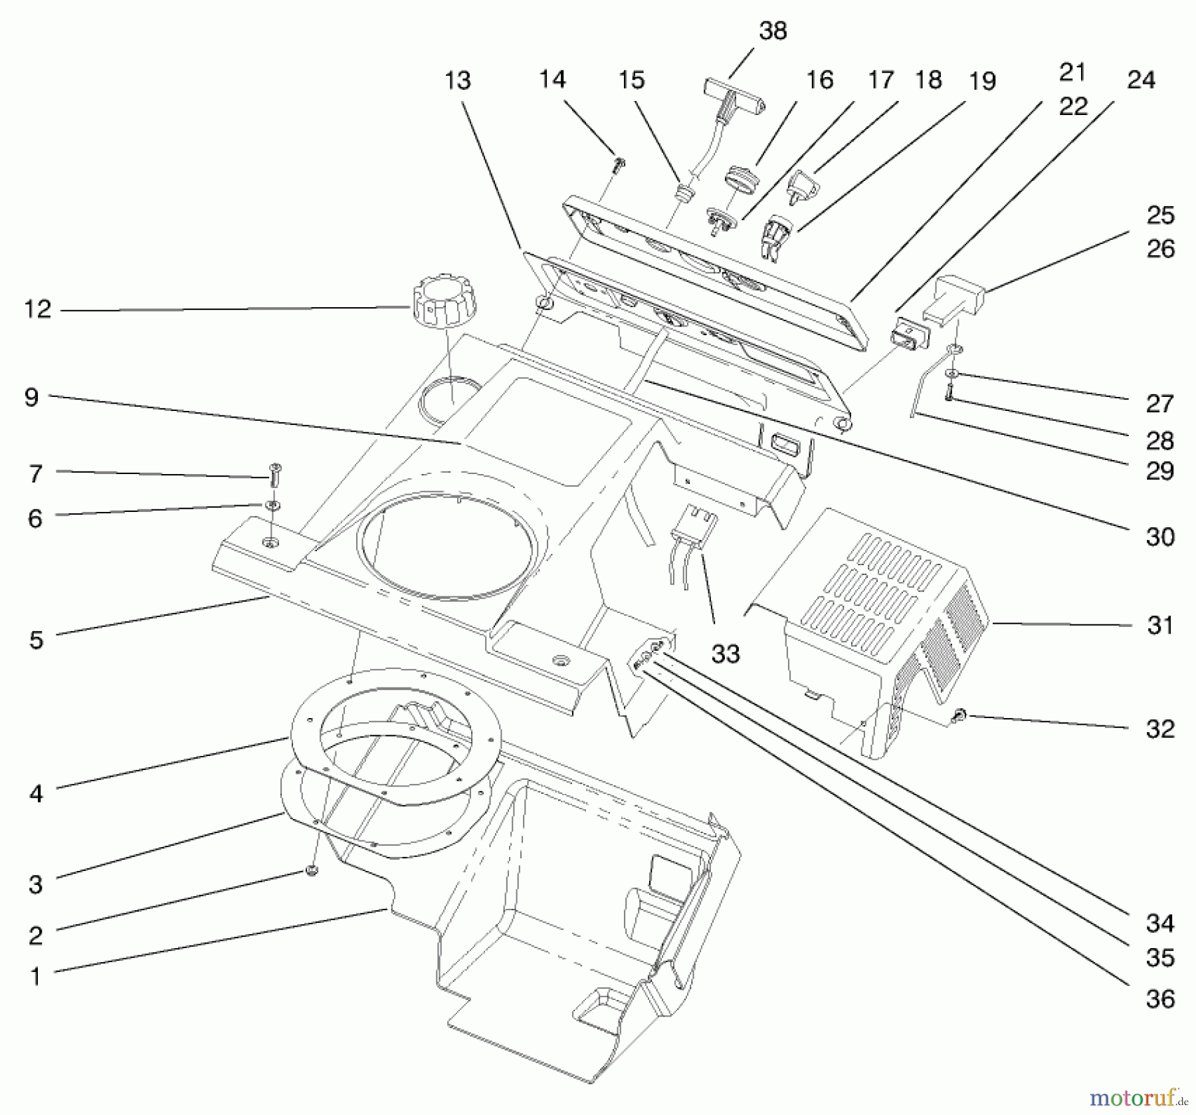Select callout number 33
pos(725,654)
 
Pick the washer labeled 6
pos(272,505)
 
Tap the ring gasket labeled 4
pos(396,731)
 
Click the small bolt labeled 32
pos(958,716)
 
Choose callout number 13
pos(457,80)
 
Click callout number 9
pos(31,398)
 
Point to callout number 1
pos(35,976)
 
